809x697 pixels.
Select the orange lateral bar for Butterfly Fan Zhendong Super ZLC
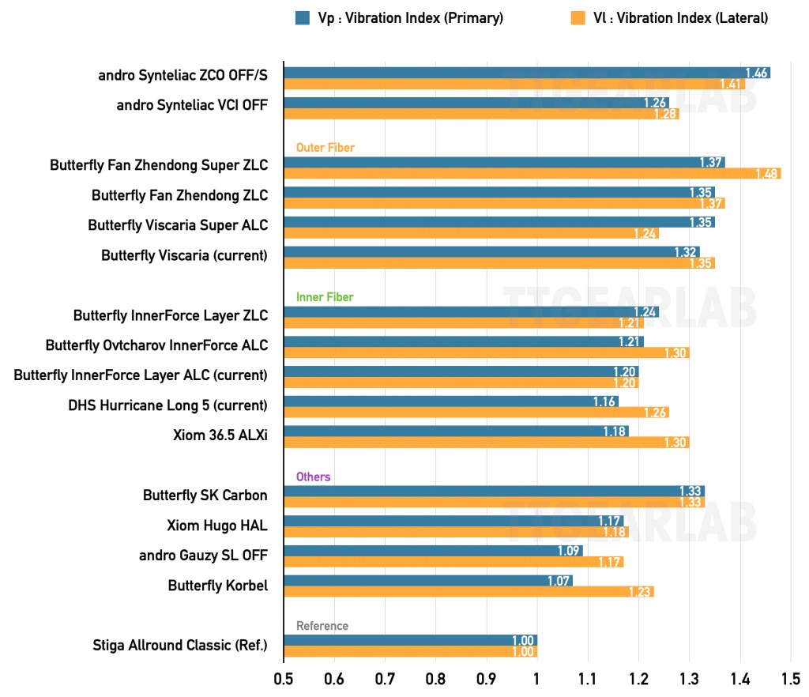click(x=532, y=174)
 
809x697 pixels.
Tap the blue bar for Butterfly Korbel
click(x=428, y=581)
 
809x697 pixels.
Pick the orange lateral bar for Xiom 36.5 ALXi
click(x=486, y=443)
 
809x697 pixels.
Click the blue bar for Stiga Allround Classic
click(x=410, y=641)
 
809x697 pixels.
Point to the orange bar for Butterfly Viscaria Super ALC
click(x=471, y=233)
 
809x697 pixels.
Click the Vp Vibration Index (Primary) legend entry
click(x=399, y=17)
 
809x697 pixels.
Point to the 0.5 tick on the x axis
click(x=284, y=679)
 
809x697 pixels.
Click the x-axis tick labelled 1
click(x=537, y=679)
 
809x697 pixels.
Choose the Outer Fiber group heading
click(x=325, y=147)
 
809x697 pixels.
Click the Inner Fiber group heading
click(x=325, y=297)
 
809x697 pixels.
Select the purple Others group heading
click(x=313, y=477)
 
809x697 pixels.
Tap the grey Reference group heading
click(x=322, y=626)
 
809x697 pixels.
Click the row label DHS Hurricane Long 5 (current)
click(x=167, y=405)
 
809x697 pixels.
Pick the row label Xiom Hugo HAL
click(x=217, y=526)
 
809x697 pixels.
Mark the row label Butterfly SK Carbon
click(x=205, y=495)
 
